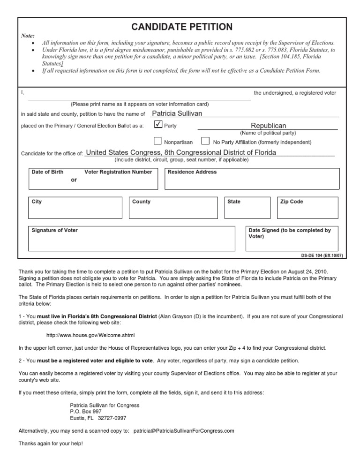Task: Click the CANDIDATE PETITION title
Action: tap(181, 27)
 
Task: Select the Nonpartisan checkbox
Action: tap(158, 141)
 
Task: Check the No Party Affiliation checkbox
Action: tap(205, 141)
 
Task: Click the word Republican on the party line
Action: tap(268, 126)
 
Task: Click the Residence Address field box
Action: tap(252, 178)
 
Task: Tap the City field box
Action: tap(75, 208)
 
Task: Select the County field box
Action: tap(174, 208)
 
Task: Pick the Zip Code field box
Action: tap(307, 208)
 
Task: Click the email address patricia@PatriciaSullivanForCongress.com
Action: tap(184, 430)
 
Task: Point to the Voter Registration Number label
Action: tap(118, 172)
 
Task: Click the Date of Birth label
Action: tap(47, 172)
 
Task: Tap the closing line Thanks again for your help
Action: tap(51, 443)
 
